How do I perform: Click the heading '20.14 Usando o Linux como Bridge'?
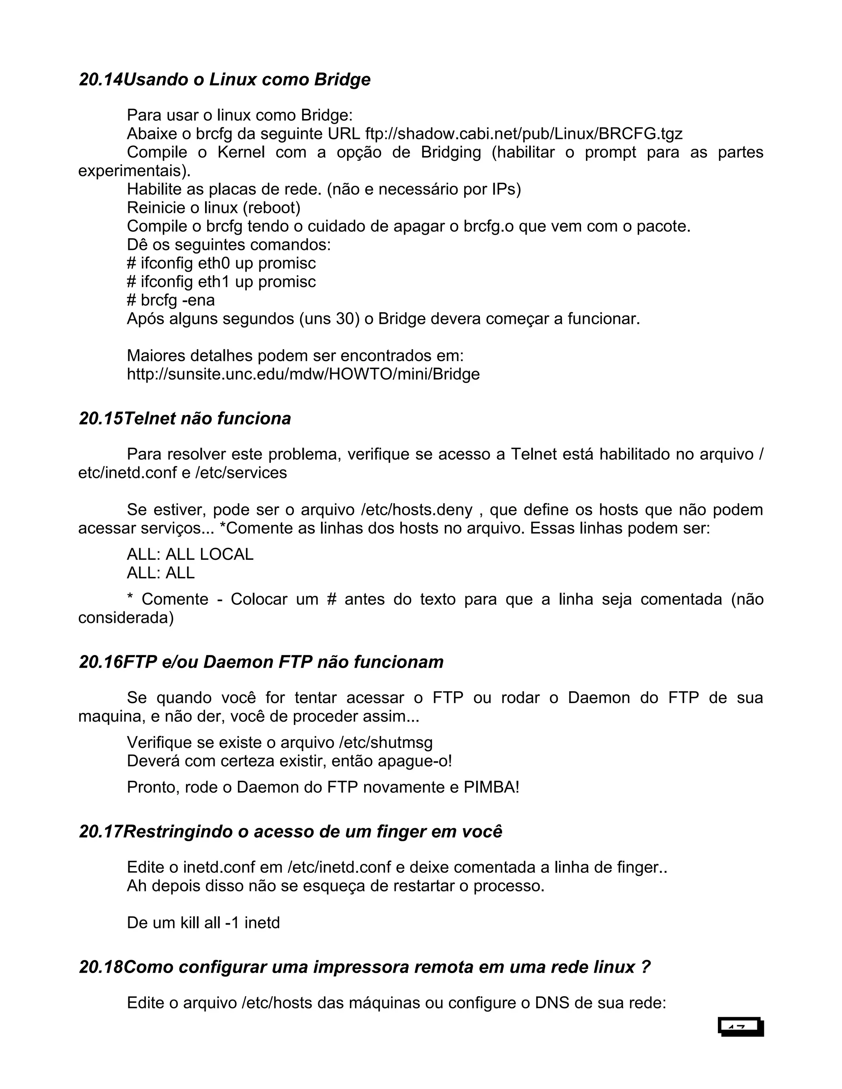pos(224,80)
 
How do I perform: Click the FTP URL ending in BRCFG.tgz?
pos(524,134)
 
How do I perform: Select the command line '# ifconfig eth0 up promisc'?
pos(221,263)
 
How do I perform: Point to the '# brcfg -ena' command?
pos(171,300)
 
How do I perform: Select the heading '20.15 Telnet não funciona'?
pos(185,418)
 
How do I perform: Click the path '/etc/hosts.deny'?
pos(416,510)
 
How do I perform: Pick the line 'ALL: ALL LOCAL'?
pos(190,554)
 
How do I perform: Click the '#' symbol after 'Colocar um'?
pos(331,599)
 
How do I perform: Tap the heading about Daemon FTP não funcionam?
pos(261,662)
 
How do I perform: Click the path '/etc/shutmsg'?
pos(386,743)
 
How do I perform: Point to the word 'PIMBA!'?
pos(491,787)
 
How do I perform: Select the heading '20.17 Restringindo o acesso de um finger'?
pos(290,832)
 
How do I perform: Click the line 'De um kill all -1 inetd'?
pos(203,923)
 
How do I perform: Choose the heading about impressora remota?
pos(365,967)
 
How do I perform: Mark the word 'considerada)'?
pos(126,617)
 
